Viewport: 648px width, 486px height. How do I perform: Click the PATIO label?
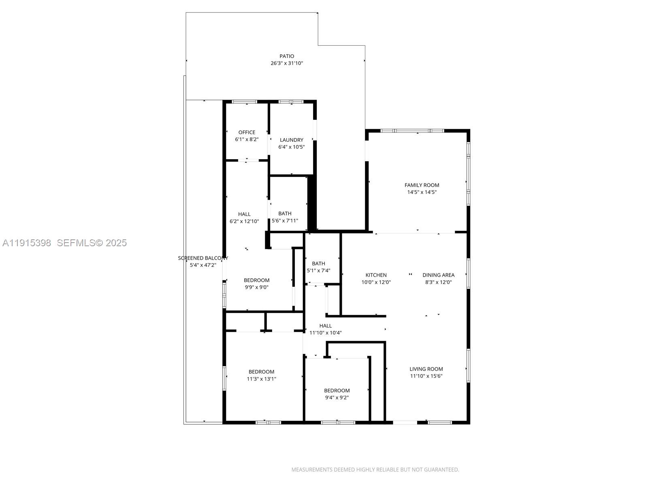[287, 56]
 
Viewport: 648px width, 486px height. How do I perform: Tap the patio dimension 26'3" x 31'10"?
[287, 63]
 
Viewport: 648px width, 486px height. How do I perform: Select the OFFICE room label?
[247, 132]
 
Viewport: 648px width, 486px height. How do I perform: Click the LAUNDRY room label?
[292, 140]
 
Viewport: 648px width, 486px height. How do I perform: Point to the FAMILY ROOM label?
[422, 185]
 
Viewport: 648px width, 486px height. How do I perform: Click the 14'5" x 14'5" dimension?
[422, 192]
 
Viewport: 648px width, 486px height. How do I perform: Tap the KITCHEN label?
[376, 275]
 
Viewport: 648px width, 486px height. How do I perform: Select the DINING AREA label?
[438, 275]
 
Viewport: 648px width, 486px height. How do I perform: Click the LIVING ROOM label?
[426, 369]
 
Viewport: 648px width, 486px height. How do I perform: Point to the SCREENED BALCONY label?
[203, 258]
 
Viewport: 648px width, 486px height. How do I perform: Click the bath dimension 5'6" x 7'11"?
[285, 221]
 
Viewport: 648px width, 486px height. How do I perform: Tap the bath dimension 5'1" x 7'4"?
[318, 271]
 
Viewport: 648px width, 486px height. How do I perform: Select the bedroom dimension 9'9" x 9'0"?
[256, 287]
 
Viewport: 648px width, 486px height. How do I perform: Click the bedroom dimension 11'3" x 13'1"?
[261, 379]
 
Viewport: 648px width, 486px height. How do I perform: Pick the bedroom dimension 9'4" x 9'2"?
[337, 398]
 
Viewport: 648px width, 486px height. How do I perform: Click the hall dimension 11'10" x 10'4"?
[325, 333]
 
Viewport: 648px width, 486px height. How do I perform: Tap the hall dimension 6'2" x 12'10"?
[244, 221]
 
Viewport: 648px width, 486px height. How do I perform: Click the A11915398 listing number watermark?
[27, 243]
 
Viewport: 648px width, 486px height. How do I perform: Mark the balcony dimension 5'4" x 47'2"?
[203, 265]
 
